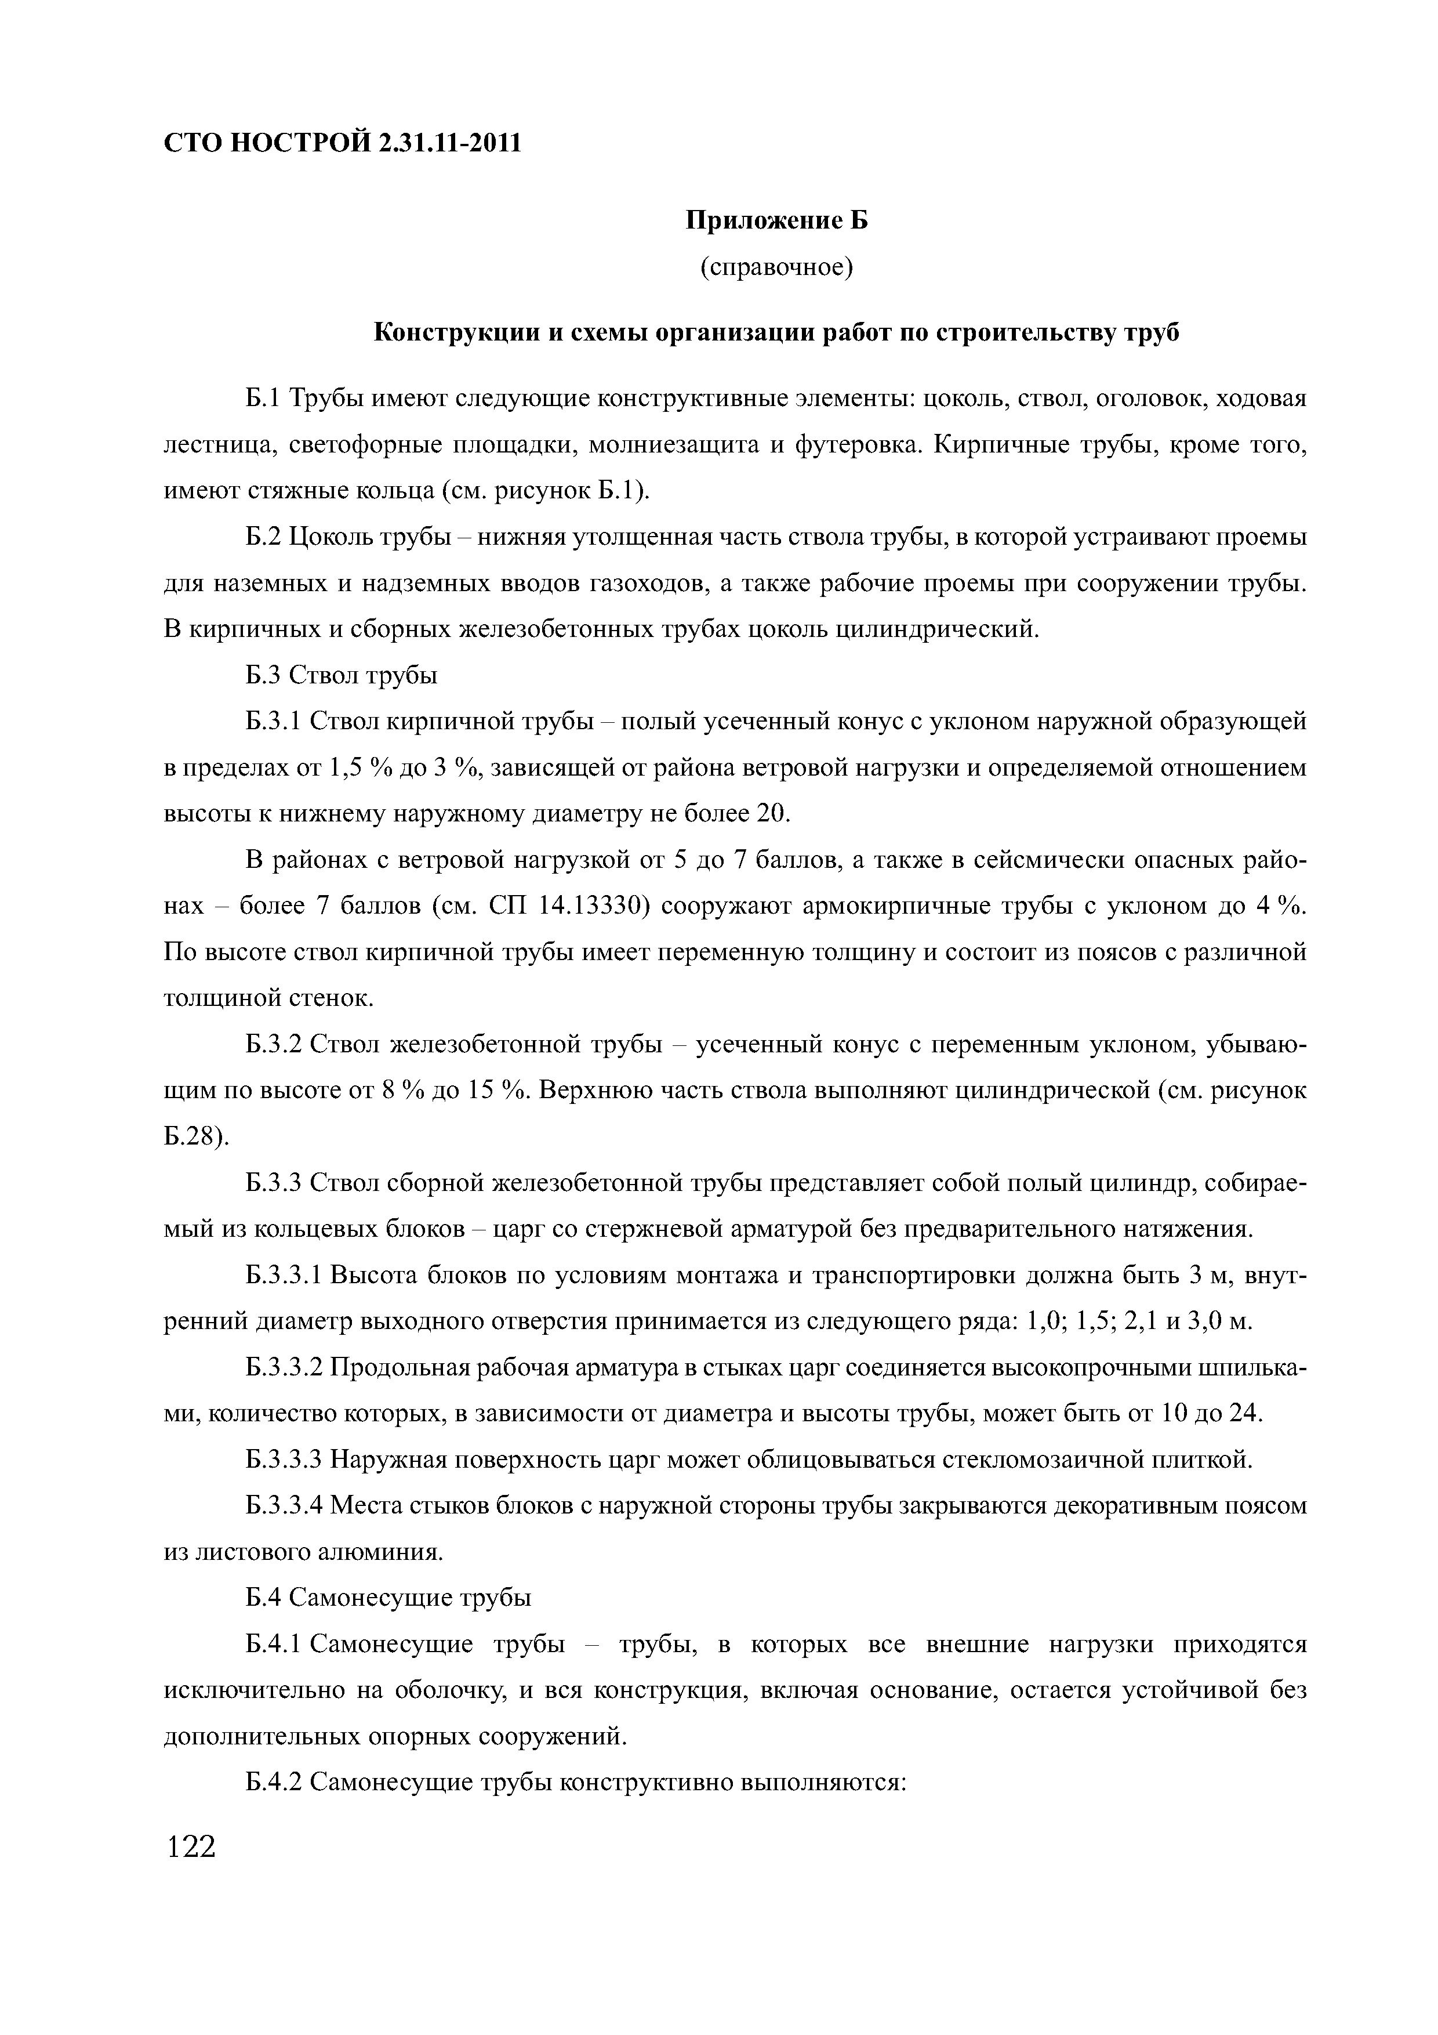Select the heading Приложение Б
(777, 220)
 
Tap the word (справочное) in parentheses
(776, 267)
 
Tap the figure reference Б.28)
(197, 1136)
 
